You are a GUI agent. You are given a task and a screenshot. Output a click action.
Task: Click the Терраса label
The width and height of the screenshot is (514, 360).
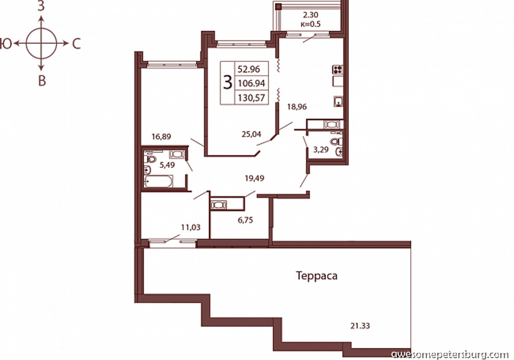tap(317, 276)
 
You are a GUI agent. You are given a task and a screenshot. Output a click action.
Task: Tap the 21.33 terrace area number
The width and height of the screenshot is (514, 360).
tap(360, 326)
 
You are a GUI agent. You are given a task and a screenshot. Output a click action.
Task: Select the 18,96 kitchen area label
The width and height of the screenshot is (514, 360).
tap(297, 107)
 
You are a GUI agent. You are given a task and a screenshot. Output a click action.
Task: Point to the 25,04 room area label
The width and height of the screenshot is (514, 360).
tap(251, 134)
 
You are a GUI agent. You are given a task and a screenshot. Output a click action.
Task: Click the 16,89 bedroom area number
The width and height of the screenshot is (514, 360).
tap(161, 137)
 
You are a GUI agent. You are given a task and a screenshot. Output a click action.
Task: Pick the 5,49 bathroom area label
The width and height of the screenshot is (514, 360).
tap(167, 165)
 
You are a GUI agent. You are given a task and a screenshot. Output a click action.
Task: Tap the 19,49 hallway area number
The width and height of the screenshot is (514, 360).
tap(254, 178)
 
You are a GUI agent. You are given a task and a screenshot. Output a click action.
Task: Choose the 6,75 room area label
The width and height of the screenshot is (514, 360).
tap(245, 220)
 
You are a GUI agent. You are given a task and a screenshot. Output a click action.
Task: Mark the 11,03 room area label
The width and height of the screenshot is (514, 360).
tap(191, 227)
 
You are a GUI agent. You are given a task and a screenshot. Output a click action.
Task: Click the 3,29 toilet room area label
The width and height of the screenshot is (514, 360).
tap(321, 150)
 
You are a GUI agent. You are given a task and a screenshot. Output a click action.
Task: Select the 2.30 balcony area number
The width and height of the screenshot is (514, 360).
tap(311, 15)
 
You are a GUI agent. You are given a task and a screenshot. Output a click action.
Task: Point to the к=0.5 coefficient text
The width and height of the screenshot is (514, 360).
tap(311, 24)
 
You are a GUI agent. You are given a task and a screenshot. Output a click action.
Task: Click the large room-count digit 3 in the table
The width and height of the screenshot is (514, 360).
tap(227, 83)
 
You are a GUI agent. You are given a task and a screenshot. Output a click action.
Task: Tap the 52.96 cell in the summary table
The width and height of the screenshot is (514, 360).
tap(249, 69)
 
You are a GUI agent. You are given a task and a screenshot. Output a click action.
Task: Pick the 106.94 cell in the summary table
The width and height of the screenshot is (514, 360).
tap(251, 83)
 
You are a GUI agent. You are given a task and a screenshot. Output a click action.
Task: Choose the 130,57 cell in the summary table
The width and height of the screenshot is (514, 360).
tap(251, 98)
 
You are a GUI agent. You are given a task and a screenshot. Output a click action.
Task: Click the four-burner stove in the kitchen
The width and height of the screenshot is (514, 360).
tap(338, 69)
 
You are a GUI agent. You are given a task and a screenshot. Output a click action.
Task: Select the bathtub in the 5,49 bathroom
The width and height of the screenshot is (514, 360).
tap(158, 181)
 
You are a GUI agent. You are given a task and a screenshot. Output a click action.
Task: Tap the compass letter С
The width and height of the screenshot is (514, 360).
tap(76, 44)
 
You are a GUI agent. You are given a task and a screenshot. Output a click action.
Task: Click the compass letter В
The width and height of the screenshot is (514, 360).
tap(42, 81)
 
